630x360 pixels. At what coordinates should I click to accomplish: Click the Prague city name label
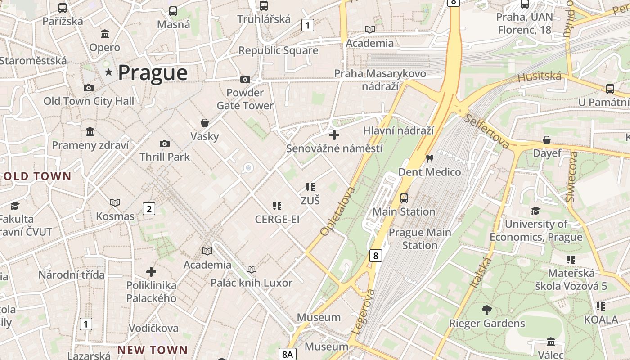click(x=153, y=73)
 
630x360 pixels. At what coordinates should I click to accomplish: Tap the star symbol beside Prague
click(x=108, y=72)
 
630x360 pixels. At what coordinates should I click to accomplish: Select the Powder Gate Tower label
click(x=245, y=99)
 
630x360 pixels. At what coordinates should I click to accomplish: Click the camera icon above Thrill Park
click(x=165, y=144)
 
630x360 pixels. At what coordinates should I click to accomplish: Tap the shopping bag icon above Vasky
click(x=205, y=123)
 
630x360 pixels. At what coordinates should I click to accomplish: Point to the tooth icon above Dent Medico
click(x=429, y=158)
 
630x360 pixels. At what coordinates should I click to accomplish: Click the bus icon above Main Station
click(x=404, y=198)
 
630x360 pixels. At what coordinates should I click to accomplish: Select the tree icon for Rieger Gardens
click(x=486, y=310)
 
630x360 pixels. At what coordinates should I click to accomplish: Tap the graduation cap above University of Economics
click(x=535, y=211)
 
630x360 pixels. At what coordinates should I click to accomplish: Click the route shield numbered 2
click(x=149, y=209)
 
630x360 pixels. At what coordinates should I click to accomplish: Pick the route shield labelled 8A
click(x=288, y=354)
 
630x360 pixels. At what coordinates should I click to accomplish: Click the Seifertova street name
click(x=488, y=131)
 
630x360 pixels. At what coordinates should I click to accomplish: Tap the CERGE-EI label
click(x=277, y=220)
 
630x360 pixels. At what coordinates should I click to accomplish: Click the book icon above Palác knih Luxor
click(x=252, y=269)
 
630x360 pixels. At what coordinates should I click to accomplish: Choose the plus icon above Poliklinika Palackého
click(x=151, y=272)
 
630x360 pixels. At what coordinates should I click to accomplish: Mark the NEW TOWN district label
click(x=153, y=350)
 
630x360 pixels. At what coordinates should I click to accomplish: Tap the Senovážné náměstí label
click(x=334, y=148)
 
